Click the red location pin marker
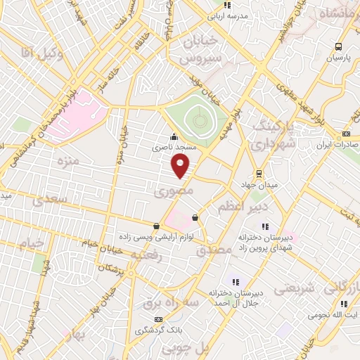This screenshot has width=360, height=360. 181,166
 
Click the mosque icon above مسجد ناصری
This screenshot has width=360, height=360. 174,137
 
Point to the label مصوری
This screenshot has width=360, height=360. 169,191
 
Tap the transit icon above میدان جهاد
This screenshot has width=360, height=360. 259,173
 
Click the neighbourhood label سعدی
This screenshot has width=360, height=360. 49,200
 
